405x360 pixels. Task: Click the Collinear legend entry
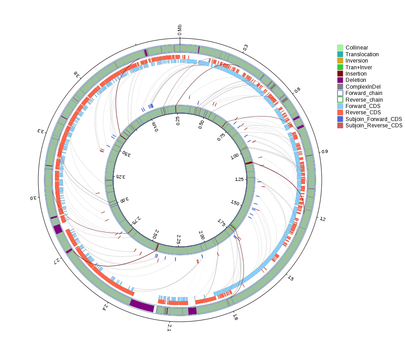pyautogui.click(x=352, y=48)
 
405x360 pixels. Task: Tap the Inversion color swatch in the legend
pyautogui.click(x=340, y=61)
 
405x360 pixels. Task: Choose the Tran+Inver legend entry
pyautogui.click(x=355, y=67)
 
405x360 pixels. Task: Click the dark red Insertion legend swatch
pyautogui.click(x=340, y=74)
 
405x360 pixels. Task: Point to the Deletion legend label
pyautogui.click(x=355, y=80)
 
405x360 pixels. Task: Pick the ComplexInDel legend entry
pyautogui.click(x=359, y=87)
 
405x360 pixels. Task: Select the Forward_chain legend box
pyautogui.click(x=340, y=93)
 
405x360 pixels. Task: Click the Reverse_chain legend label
pyautogui.click(x=364, y=100)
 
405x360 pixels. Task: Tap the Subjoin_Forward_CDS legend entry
pyautogui.click(x=369, y=119)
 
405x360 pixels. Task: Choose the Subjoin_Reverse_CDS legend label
pyautogui.click(x=374, y=126)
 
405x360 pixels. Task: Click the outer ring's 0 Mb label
pyautogui.click(x=180, y=30)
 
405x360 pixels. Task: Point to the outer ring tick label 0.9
pyautogui.click(x=324, y=151)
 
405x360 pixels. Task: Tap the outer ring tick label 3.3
pyautogui.click(x=41, y=131)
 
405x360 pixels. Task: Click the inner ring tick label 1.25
pyautogui.click(x=239, y=179)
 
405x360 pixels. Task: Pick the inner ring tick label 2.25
pyautogui.click(x=179, y=239)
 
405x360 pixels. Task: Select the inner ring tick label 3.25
pyautogui.click(x=121, y=177)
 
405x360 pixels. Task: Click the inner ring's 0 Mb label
pyautogui.click(x=155, y=126)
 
